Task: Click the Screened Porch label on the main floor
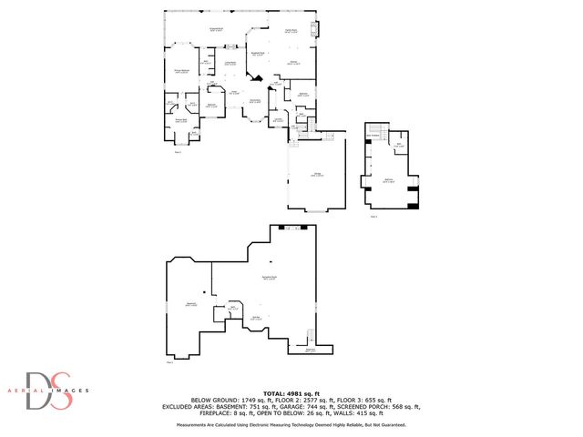click(218, 31)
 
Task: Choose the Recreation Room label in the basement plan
click(270, 277)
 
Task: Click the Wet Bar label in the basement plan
click(258, 317)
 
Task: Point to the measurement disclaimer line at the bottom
click(291, 424)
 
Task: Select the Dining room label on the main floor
click(294, 62)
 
